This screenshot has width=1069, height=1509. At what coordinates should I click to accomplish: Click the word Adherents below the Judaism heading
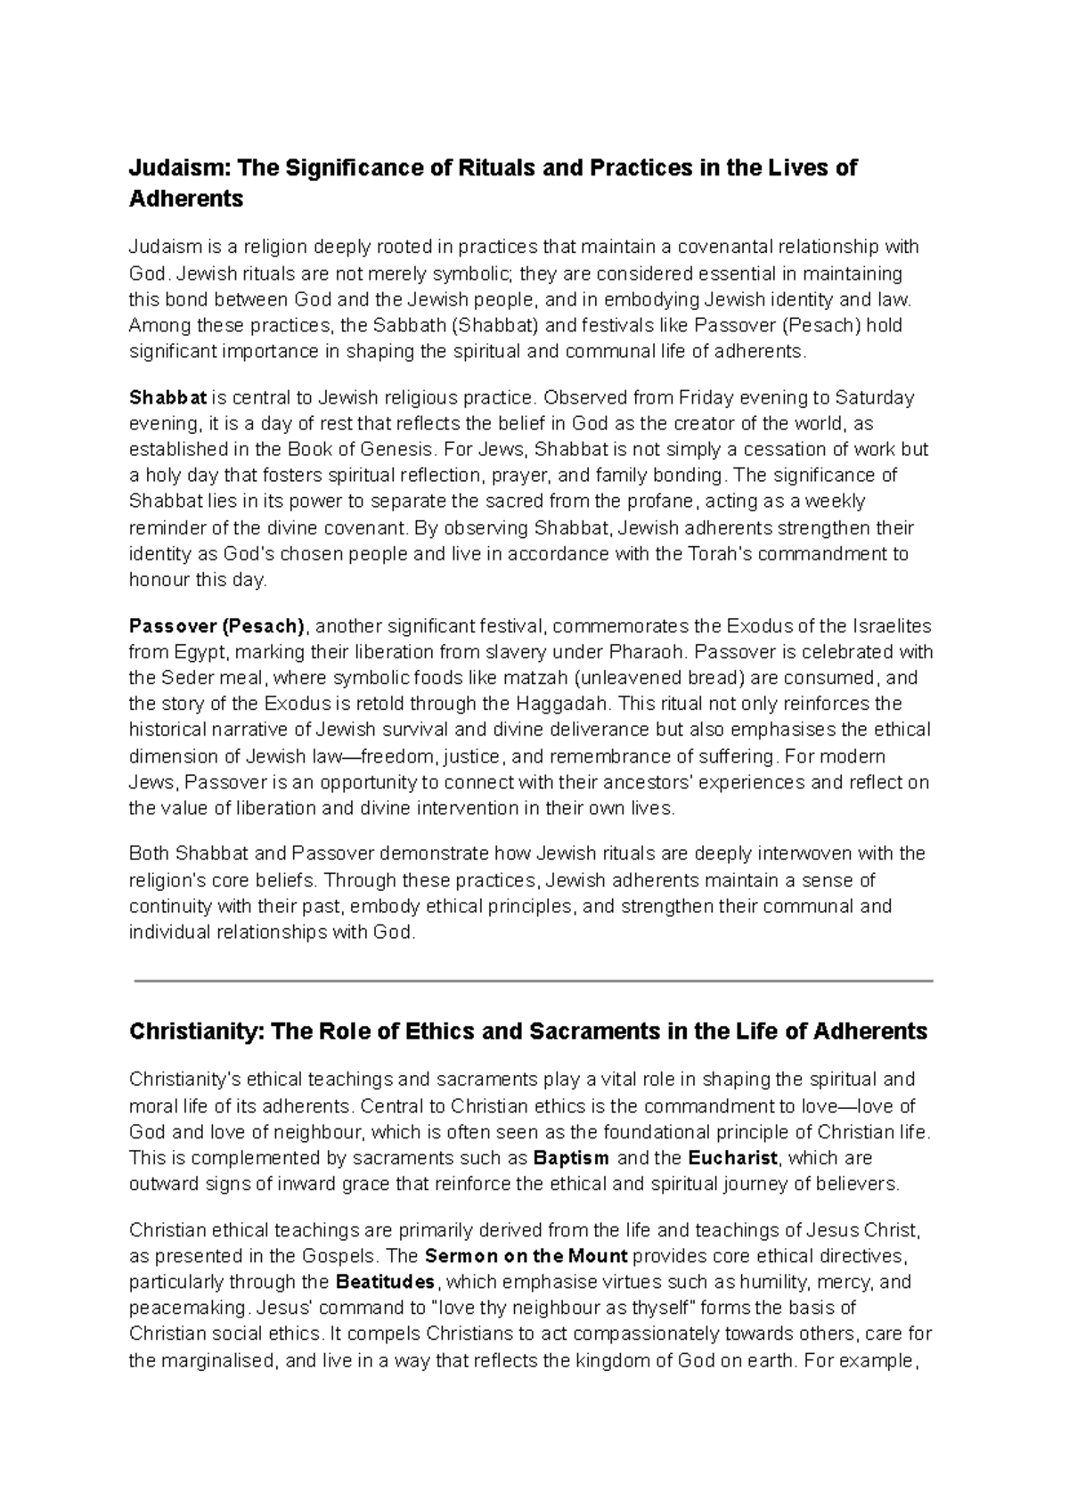click(x=186, y=200)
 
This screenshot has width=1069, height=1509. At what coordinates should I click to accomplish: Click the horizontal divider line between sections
click(x=533, y=981)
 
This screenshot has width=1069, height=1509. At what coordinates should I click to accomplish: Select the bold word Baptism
click(x=571, y=1159)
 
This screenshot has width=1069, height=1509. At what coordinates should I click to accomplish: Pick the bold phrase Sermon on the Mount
click(x=526, y=1257)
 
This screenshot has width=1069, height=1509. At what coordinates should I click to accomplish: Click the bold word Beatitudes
click(x=386, y=1283)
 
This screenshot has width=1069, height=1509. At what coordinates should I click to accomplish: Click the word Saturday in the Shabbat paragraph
click(x=879, y=397)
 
